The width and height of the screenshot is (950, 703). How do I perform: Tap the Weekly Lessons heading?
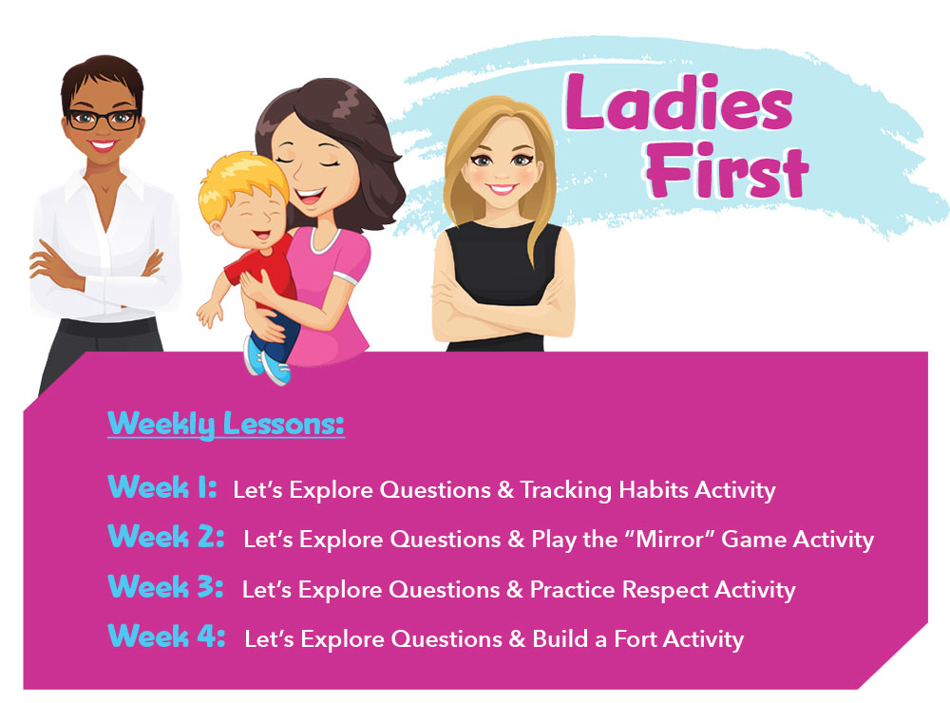pos(226,424)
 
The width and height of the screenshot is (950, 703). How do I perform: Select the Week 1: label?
pos(162,486)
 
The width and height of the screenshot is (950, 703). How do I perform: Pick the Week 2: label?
pos(165,537)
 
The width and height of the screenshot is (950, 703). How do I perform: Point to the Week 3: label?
pos(165,586)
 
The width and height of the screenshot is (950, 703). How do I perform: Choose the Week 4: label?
pos(166,636)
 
